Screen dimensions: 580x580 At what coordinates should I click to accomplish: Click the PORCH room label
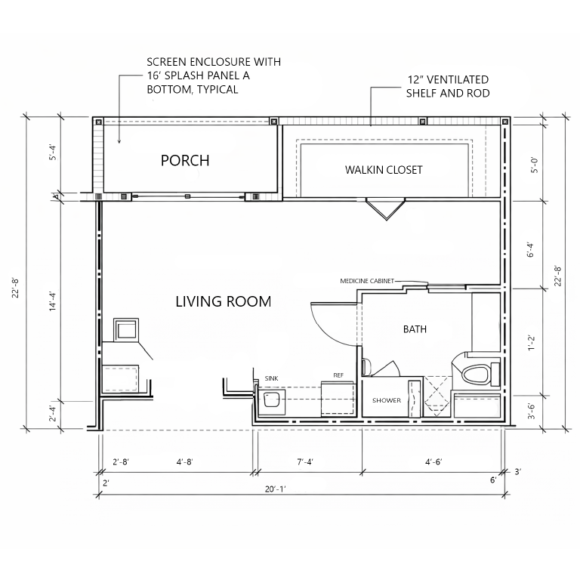click(x=185, y=161)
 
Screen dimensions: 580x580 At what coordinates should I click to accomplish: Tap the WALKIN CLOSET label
click(x=384, y=170)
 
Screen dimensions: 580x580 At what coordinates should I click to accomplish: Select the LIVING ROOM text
click(x=223, y=302)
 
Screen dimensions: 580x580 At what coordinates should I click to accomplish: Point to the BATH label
click(x=415, y=329)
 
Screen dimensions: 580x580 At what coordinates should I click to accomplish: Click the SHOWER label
click(x=387, y=400)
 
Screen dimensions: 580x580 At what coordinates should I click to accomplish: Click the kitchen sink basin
click(x=271, y=400)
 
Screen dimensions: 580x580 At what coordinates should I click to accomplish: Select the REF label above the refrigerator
click(x=338, y=375)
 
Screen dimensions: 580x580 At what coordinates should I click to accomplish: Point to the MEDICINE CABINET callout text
click(x=367, y=281)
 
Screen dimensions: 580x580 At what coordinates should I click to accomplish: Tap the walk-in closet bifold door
click(x=386, y=209)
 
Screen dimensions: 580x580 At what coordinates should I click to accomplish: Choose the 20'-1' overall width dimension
click(x=275, y=489)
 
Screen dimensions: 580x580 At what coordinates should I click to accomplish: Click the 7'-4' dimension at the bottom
click(x=305, y=462)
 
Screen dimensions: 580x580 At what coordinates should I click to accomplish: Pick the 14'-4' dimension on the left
click(x=53, y=301)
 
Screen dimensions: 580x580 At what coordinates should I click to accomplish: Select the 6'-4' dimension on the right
click(x=531, y=249)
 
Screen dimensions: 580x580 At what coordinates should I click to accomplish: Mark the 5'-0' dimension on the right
click(x=535, y=165)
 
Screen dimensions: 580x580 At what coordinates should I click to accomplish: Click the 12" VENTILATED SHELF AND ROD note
click(x=448, y=86)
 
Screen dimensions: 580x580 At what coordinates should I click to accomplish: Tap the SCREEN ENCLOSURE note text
click(x=214, y=76)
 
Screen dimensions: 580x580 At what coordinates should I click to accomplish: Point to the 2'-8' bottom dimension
click(x=121, y=462)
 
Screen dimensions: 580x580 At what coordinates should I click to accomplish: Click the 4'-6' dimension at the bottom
click(x=433, y=462)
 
